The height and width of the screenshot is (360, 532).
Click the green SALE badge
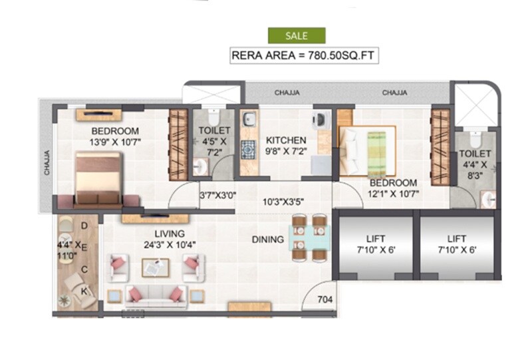[297, 36]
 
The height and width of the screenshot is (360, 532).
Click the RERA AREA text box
[305, 55]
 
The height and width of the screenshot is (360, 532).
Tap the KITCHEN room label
[286, 140]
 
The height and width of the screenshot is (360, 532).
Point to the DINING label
[268, 240]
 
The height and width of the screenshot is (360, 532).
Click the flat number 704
[325, 300]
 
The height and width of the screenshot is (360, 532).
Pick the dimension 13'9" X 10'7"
[116, 142]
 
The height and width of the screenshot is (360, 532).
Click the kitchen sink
[247, 120]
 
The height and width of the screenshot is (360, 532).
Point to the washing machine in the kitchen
[321, 120]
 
